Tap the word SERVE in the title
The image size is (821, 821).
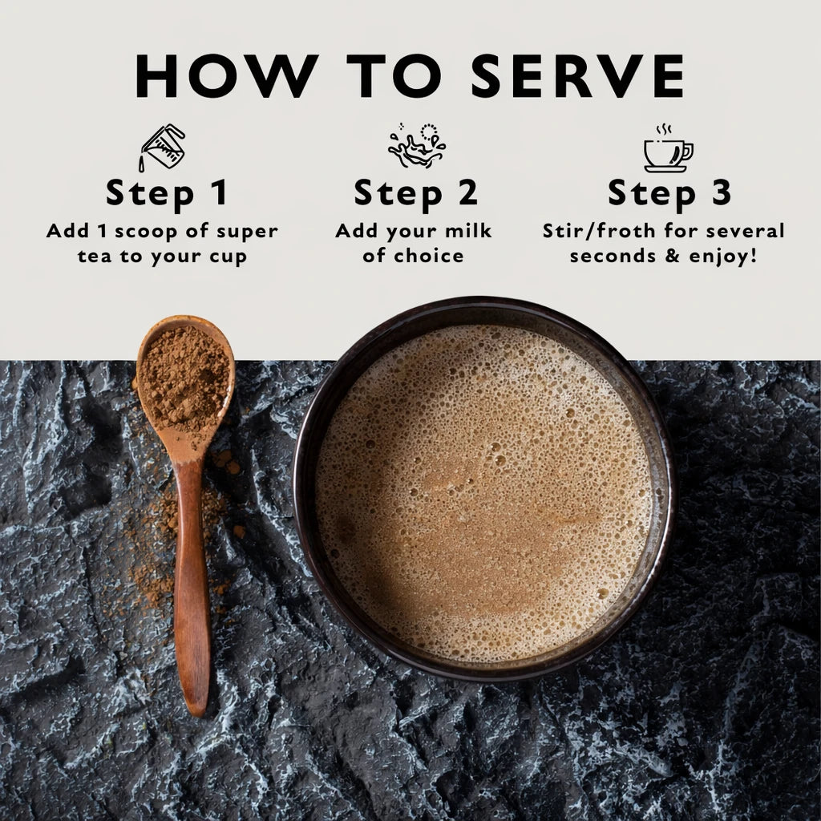577,77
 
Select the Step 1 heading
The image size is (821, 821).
166,193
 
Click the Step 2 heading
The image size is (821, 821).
415,193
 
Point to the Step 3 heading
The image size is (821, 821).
669,193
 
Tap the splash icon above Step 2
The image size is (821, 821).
416,146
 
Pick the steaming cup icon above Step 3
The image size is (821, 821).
667,148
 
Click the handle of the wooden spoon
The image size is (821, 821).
192,585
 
